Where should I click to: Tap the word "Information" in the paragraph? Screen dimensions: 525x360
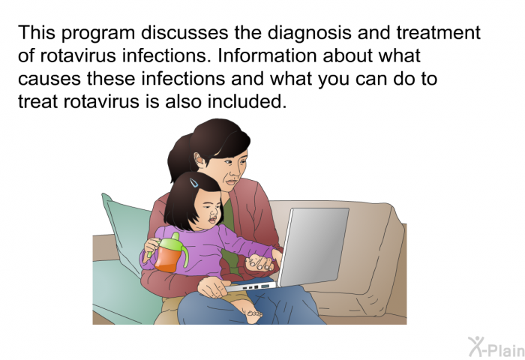coord(267,55)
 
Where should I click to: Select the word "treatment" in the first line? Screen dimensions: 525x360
coord(439,33)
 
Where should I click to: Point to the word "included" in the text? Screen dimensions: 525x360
coord(247,101)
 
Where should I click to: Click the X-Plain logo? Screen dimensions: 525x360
coord(496,347)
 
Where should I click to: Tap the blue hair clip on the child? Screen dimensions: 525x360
coord(193,182)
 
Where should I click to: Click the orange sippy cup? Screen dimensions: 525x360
coord(168,256)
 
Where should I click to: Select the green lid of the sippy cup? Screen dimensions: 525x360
coord(172,244)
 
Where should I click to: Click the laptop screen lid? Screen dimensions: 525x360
coord(313,246)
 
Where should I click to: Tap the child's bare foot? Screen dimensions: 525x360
coord(253,313)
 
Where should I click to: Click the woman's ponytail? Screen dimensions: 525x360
coord(179,157)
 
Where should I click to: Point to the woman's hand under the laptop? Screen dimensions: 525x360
coord(211,286)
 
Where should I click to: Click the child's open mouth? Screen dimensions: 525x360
coord(212,220)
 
